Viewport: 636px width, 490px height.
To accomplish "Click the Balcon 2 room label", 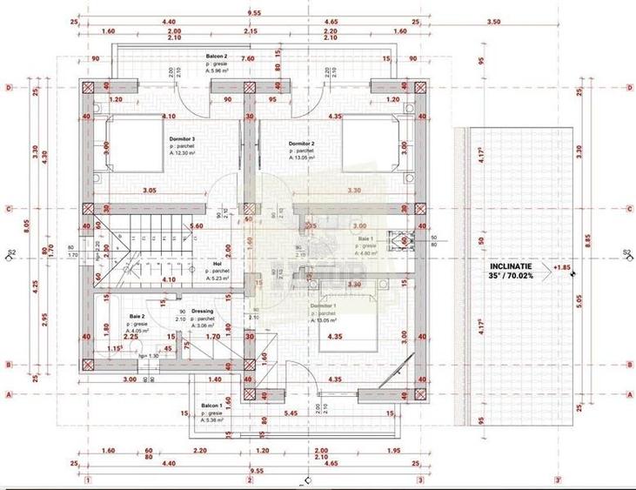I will (x=216, y=55).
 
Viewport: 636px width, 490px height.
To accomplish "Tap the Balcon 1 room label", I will (x=212, y=406).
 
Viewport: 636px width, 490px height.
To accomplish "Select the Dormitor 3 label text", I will (x=182, y=138).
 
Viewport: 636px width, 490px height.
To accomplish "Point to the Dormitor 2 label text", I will (x=301, y=144).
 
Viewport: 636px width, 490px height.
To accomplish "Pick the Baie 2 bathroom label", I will (x=137, y=316).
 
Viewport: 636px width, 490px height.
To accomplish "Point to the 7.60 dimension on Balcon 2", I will (x=247, y=59).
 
